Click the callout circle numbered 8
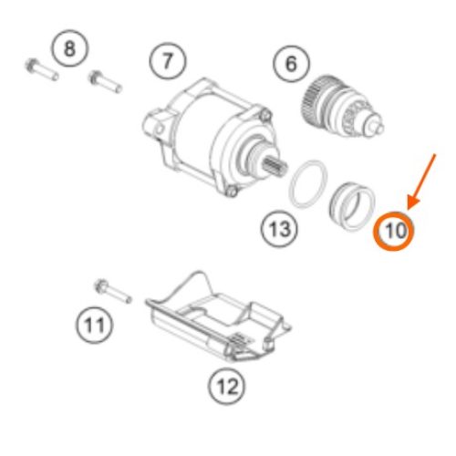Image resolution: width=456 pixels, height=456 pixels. click(69, 48)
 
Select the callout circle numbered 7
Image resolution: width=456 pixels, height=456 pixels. click(168, 60)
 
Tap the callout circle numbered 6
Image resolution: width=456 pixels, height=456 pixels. click(291, 64)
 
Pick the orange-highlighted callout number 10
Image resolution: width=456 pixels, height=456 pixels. click(394, 231)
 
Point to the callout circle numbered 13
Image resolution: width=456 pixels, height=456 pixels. click(280, 229)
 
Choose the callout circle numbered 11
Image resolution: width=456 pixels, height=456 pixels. click(94, 325)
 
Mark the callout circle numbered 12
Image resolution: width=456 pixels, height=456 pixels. click(227, 386)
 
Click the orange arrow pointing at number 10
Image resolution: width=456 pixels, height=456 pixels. click(422, 181)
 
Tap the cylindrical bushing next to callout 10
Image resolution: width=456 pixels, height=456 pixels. click(353, 206)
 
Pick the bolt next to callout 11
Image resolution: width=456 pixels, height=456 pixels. click(112, 291)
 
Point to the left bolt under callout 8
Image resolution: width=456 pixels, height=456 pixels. click(41, 69)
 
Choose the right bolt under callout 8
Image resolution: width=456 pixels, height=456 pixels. click(105, 81)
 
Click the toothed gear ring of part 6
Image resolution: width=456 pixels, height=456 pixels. click(313, 98)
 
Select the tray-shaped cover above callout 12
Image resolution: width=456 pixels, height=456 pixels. click(218, 316)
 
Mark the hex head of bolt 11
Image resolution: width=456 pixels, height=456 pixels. click(100, 286)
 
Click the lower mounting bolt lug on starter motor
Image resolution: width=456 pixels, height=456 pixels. click(232, 192)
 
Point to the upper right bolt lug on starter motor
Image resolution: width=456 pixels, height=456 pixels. click(265, 115)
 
